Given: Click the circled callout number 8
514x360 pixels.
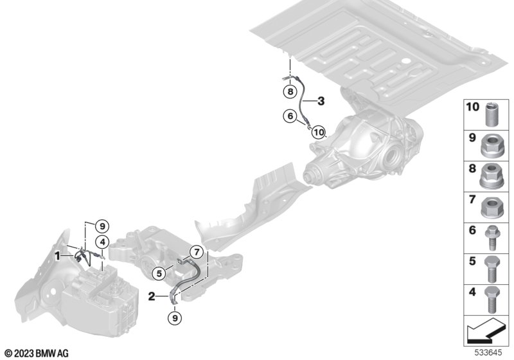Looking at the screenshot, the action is point(290,91).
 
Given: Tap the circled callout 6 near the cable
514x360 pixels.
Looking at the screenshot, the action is point(290,116).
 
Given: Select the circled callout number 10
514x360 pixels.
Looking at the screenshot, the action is point(318,132).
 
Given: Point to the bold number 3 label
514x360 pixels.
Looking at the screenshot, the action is point(321,101).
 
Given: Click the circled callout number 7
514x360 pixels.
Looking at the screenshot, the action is point(197,252).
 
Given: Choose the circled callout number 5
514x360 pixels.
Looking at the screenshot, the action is point(159,273).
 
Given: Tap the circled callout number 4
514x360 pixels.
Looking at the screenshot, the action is point(103,242).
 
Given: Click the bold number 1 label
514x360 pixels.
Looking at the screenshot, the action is point(57,256).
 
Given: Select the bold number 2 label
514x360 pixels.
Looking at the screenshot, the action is point(152,296).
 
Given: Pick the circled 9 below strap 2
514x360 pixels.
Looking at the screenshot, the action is point(175,318).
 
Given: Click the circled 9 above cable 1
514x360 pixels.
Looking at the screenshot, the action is point(102,226).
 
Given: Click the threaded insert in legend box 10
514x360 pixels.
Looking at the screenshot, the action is point(492,114).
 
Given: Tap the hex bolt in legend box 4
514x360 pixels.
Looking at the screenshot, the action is point(492,300).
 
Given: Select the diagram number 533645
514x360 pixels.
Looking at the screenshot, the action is point(489,353).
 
